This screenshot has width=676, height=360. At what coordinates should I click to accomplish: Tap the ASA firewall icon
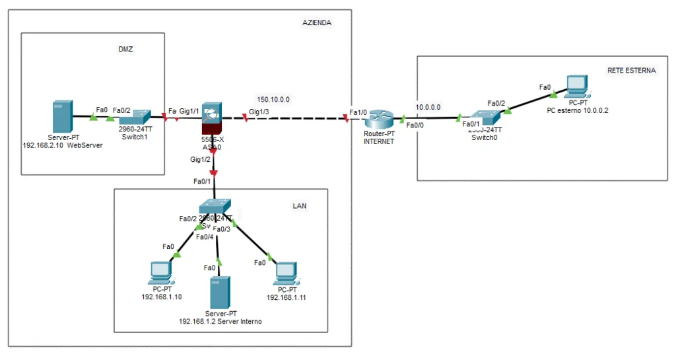pos(212,118)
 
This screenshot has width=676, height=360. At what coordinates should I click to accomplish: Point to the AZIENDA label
pos(317,22)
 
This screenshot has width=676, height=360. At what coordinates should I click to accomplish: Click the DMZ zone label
pos(126,50)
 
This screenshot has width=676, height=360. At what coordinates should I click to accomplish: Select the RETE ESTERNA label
pos(631,70)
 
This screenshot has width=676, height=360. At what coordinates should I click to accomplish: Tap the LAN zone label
pos(299,206)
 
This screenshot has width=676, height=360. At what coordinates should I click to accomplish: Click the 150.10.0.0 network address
pos(273,99)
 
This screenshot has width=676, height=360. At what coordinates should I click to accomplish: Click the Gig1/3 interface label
pos(259,112)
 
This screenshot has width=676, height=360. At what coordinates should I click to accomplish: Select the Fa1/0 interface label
pos(358,112)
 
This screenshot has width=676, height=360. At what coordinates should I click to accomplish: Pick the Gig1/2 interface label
pos(200,160)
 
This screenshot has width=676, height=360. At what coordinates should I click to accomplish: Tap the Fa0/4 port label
pos(204,236)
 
